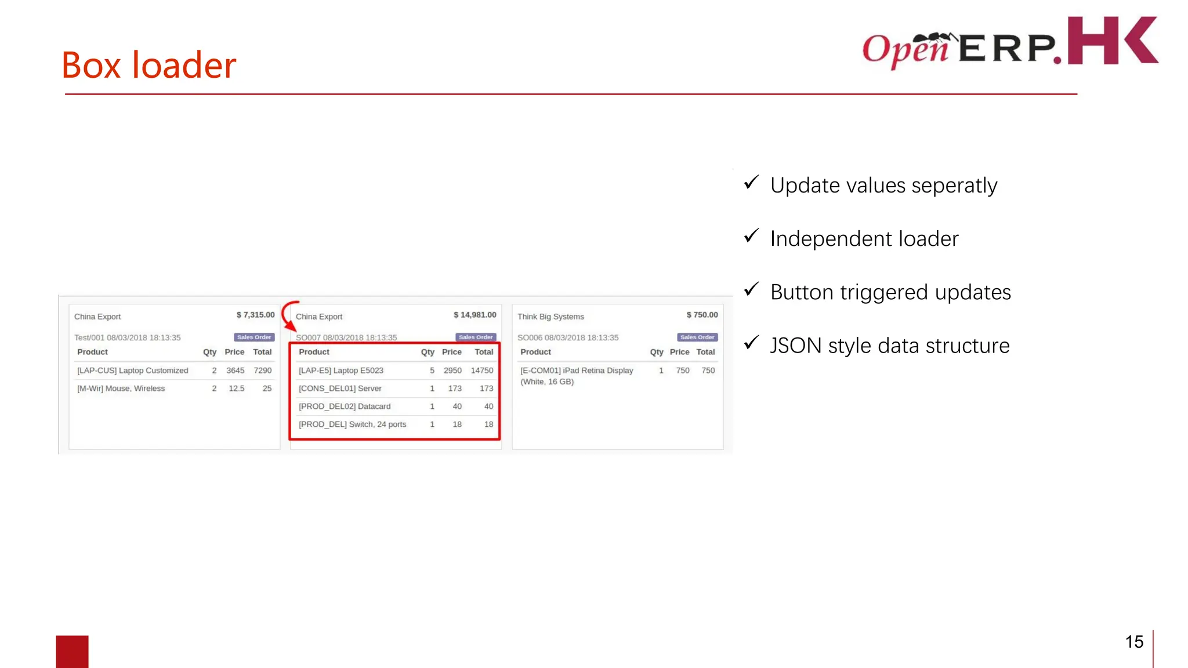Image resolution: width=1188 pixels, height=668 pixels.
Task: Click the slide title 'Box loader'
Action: tap(148, 65)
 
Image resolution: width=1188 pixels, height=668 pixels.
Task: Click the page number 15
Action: tap(1134, 642)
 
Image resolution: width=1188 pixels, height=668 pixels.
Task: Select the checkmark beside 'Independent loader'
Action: tap(751, 236)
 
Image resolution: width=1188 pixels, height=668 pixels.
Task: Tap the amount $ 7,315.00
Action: tap(255, 315)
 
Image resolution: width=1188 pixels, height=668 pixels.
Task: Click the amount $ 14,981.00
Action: tap(475, 315)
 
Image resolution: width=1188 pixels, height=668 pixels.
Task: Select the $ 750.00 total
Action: tap(702, 315)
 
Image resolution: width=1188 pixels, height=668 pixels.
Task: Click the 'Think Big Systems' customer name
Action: tap(550, 317)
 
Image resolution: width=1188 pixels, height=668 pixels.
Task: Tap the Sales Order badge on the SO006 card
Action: tap(697, 337)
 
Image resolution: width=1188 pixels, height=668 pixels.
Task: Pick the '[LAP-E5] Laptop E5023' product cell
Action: tap(341, 371)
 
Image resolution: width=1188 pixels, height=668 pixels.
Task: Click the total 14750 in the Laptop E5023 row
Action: tap(481, 371)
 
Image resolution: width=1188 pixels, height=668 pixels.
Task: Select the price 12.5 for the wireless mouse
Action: tap(236, 389)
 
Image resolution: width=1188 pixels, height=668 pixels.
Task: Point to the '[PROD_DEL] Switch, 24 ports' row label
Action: tap(352, 424)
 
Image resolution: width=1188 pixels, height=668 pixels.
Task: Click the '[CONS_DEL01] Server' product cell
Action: tap(340, 389)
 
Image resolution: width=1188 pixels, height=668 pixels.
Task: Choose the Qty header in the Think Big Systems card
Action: tap(656, 352)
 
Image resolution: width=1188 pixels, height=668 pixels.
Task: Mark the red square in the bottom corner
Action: tap(72, 651)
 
